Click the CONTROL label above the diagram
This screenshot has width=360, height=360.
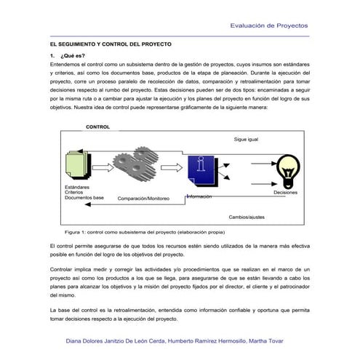click(97, 127)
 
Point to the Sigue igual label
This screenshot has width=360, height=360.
click(246, 139)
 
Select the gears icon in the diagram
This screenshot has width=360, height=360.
click(144, 169)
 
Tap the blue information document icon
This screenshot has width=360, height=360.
click(200, 173)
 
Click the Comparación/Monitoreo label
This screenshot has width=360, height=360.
click(143, 198)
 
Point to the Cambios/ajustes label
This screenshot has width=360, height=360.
click(247, 217)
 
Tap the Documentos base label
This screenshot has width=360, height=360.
click(84, 197)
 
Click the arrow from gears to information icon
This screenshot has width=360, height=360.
click(173, 169)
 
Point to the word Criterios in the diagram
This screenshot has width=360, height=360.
click(76, 192)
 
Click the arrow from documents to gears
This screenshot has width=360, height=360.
click(106, 169)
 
